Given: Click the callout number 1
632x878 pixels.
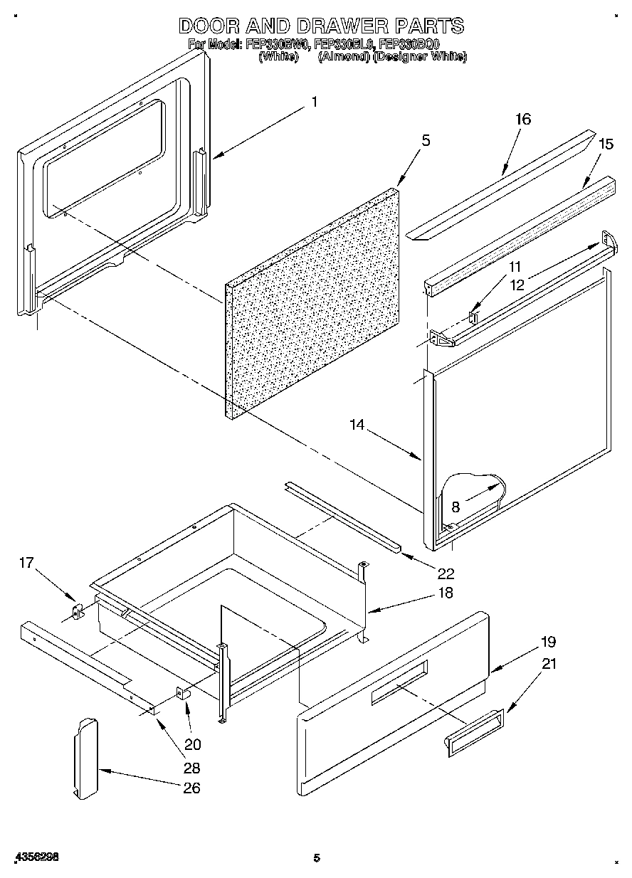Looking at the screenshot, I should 314,102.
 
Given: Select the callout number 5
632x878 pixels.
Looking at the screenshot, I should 425,140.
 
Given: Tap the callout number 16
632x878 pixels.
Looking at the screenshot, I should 522,120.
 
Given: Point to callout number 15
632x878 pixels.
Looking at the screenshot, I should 605,144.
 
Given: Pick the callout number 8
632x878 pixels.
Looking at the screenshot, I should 455,507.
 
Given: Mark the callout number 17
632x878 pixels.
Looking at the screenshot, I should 26,564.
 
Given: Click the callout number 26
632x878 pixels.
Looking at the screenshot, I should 191,788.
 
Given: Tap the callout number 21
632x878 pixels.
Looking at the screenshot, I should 549,664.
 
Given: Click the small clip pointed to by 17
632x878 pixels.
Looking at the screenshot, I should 78,611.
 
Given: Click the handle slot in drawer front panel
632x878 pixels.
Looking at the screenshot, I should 399,682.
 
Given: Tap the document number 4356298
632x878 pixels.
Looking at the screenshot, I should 35,858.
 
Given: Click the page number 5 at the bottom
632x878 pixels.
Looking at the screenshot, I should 317,858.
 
